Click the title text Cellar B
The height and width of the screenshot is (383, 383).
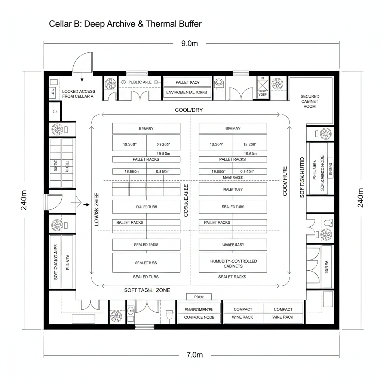(125, 24)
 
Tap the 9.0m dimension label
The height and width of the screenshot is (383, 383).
(189, 43)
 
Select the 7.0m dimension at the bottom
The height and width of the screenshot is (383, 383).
(194, 355)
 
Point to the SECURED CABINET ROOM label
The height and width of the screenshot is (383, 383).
(310, 101)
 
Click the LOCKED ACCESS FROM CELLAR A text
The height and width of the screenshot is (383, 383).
(79, 94)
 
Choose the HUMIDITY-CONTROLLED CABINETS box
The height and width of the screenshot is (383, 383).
(233, 263)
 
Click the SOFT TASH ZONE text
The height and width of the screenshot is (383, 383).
(147, 290)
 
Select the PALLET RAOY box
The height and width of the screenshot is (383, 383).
(187, 82)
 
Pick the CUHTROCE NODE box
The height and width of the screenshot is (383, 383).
(199, 318)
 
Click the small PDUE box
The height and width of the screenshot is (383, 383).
(199, 297)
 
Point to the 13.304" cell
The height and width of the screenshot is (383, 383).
(216, 144)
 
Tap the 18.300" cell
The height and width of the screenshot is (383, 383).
(129, 144)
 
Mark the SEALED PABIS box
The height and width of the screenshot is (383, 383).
(146, 245)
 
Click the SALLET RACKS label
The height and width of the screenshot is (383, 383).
(130, 223)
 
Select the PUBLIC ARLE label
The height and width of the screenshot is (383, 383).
(140, 82)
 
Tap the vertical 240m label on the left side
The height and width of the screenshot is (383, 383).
(24, 200)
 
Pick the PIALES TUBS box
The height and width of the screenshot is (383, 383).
(146, 207)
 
